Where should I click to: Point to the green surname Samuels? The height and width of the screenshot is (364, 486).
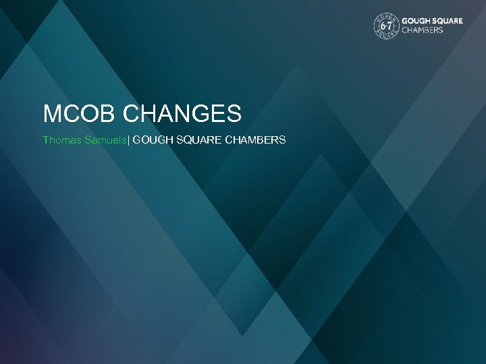(104, 140)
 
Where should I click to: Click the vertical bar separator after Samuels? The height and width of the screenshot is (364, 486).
(129, 140)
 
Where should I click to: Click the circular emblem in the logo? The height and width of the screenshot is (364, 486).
(386, 26)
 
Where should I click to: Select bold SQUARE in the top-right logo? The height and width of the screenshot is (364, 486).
(448, 21)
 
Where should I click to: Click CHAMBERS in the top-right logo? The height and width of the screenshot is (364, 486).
(423, 30)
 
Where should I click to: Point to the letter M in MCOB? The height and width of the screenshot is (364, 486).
(52, 113)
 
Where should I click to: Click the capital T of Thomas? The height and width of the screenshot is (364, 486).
(46, 140)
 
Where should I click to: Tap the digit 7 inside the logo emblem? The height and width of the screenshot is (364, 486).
(389, 26)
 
